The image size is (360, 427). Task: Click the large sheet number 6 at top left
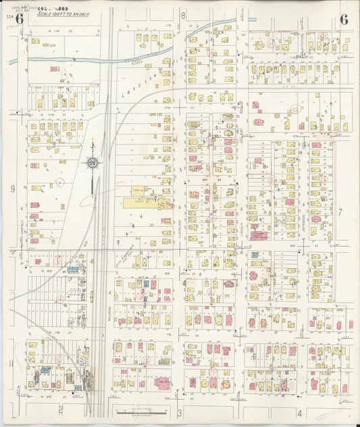pos(19,19)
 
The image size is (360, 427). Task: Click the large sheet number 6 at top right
pos(344,19)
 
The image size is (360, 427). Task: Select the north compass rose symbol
pos(93,163)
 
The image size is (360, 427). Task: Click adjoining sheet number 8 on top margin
pos(182,14)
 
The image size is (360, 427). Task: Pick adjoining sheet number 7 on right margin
pos(340,212)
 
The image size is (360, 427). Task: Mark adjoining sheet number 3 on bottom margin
pos(180,412)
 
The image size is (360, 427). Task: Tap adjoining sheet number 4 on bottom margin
pos(299,412)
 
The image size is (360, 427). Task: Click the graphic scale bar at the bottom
pos(142,411)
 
